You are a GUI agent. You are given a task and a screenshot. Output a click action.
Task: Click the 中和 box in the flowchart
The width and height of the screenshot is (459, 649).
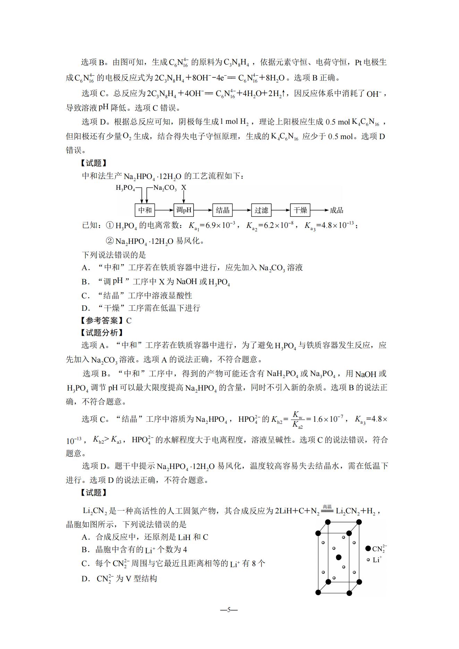[145, 210]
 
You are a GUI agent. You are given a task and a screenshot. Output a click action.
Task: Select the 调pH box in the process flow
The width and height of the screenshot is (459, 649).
[184, 210]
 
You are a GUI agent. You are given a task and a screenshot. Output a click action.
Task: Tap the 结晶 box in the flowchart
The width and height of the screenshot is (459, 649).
[223, 210]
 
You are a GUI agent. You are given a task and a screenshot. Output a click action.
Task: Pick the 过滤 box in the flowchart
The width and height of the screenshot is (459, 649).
[261, 210]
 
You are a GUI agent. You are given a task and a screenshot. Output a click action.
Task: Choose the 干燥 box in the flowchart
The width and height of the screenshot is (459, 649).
[300, 210]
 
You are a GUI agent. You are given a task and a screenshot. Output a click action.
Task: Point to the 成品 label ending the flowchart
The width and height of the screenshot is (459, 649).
[336, 210]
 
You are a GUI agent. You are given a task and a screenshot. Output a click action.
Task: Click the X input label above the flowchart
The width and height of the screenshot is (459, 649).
[184, 188]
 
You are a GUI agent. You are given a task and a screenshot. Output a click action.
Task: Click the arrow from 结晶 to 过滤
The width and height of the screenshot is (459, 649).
[242, 210]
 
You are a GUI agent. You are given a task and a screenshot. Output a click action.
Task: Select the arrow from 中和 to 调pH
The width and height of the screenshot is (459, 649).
[164, 210]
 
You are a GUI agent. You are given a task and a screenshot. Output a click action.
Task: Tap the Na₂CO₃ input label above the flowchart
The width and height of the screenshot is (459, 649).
[165, 188]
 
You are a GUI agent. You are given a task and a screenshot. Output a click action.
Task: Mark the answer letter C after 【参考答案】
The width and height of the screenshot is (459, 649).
[129, 321]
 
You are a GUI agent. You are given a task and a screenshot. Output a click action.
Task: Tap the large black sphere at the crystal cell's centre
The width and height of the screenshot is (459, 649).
[339, 557]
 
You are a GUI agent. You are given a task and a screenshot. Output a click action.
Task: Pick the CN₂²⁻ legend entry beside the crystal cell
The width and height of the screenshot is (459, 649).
[376, 549]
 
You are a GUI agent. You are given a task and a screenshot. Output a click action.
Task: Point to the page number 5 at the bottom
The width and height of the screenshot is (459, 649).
[229, 610]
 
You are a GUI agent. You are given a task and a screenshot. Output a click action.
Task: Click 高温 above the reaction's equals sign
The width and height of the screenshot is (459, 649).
[327, 507]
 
